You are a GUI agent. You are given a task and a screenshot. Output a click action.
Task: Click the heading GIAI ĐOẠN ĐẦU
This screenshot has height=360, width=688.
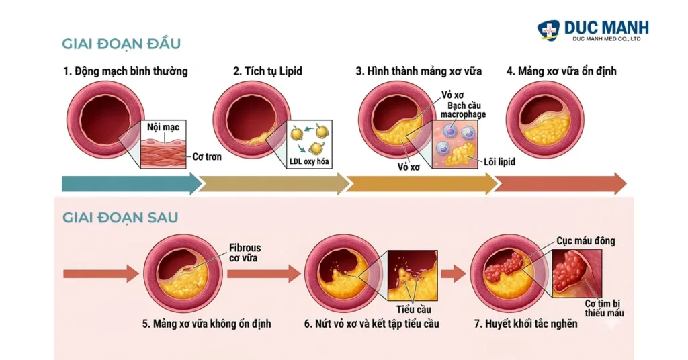point(121,44)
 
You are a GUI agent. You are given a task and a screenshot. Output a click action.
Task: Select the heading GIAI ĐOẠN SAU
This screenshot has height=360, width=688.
point(120,218)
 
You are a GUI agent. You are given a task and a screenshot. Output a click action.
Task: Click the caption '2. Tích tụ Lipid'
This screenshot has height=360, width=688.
point(267,71)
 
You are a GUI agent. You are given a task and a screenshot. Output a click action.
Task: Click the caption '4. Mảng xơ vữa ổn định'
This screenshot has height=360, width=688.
point(562,71)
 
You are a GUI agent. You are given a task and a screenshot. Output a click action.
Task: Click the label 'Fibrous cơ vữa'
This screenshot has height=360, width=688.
point(245,253)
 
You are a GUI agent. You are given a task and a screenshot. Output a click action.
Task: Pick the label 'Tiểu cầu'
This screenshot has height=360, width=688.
point(415,309)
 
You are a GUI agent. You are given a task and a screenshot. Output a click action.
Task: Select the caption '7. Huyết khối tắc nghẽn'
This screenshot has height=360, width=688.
point(525,324)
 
